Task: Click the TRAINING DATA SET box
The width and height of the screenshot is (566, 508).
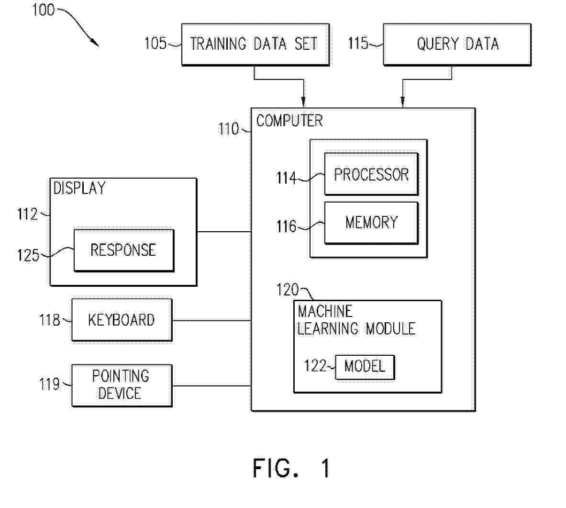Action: coord(255,44)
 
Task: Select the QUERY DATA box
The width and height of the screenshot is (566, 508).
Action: coord(457,44)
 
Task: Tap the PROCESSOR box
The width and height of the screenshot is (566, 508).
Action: coord(371,174)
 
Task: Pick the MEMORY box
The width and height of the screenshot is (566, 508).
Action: coord(371,223)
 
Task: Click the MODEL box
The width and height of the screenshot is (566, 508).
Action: coord(365,367)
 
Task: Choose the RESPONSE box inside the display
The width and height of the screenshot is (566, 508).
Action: coord(123,250)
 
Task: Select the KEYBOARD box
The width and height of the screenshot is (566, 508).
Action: coord(122,320)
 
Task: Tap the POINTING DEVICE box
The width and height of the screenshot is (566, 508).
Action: coord(122,385)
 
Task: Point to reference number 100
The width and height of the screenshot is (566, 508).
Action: coord(43,10)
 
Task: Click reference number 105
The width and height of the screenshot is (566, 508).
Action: coord(155,44)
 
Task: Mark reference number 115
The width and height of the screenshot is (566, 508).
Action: coord(358,44)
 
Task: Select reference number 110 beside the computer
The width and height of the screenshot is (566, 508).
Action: coord(229,129)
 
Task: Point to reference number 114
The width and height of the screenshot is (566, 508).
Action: coord(286,178)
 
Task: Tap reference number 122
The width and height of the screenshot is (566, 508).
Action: coord(314,366)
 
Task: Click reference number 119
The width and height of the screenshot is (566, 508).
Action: coord(49,384)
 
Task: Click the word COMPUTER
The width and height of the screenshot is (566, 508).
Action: coord(289,121)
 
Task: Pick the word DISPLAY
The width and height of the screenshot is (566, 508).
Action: coord(79,188)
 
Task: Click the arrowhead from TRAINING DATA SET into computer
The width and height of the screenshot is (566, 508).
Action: coord(303,102)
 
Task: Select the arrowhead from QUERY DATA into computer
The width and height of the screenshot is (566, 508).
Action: coord(402,102)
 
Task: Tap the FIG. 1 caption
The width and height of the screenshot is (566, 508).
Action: coord(291,468)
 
